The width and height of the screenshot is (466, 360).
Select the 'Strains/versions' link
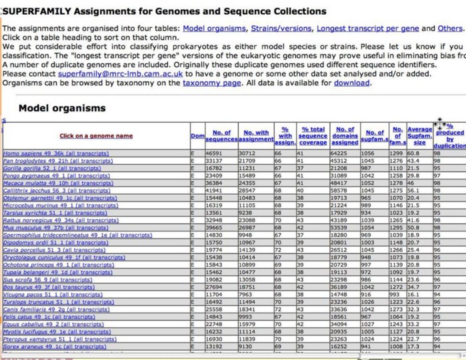[281, 28]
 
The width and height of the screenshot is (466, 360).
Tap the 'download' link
[351, 84]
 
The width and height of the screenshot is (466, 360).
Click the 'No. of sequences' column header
[217, 135]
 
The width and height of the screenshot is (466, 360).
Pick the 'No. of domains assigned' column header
[345, 135]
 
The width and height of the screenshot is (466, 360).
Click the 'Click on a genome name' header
[96, 136]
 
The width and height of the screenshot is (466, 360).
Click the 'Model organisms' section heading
[61, 108]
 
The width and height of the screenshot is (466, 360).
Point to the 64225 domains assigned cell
[344, 153]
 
